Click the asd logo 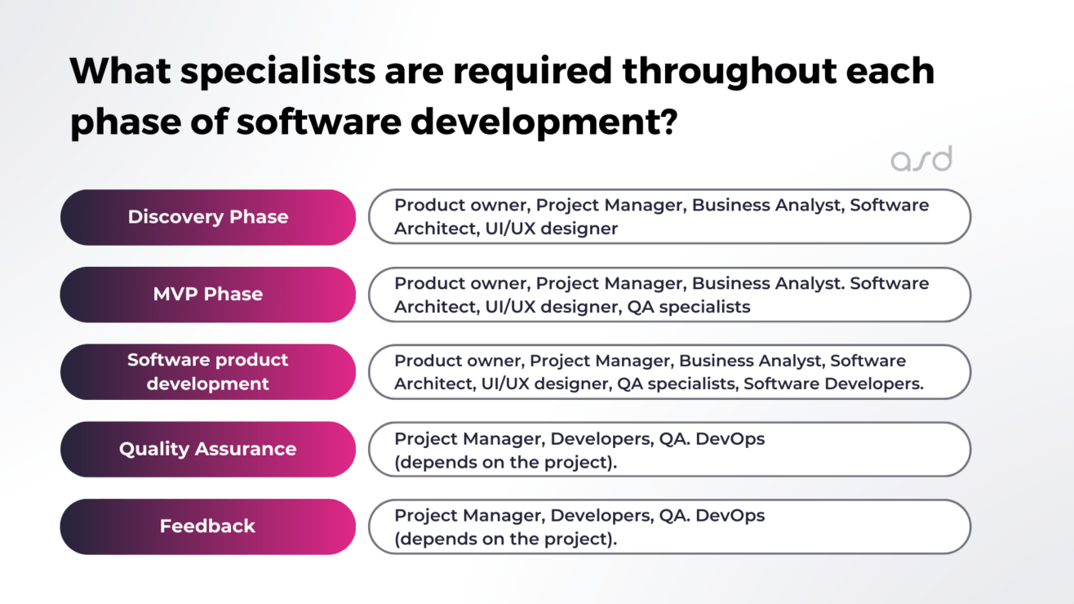coord(921,159)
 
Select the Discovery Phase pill coord(208,217)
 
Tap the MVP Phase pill coord(208,294)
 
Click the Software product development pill coord(208,371)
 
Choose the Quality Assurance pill coord(208,449)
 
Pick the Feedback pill coord(208,526)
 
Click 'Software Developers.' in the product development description coord(833,384)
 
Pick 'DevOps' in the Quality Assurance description coord(729,438)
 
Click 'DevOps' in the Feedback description coord(729,516)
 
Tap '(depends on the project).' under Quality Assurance coord(506,462)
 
